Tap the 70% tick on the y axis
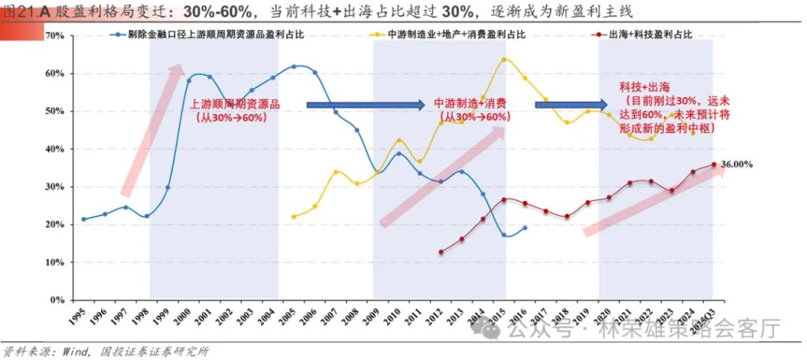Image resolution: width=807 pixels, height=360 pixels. click(53, 35)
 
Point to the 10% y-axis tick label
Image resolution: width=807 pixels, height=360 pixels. click(53, 262)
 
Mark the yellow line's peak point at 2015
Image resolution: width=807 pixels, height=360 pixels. click(504, 59)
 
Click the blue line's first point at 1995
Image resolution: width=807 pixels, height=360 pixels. click(84, 219)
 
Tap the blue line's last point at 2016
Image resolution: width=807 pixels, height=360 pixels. click(525, 228)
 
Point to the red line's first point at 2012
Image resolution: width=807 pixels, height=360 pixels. click(441, 252)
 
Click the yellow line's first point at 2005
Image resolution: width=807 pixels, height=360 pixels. click(293, 217)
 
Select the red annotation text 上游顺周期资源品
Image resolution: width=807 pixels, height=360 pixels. click(235, 104)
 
